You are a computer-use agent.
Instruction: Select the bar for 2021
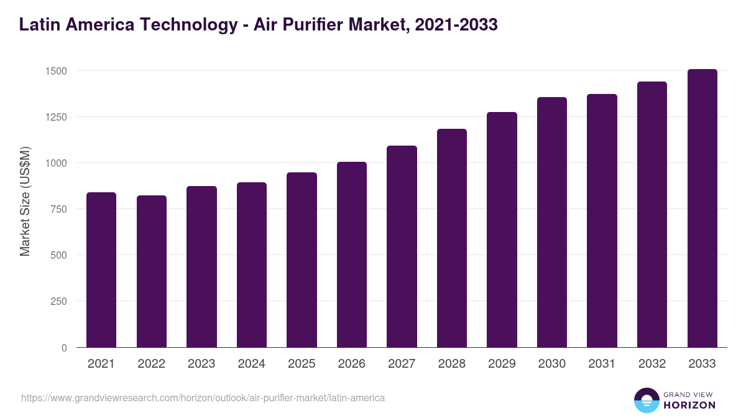point(101,270)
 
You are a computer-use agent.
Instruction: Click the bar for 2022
point(152,271)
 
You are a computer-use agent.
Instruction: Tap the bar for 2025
point(302,260)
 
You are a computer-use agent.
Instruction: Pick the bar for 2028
point(452,238)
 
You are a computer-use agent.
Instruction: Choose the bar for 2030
point(552,222)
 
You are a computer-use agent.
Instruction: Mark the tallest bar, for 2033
point(702,208)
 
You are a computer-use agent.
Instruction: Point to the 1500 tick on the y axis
point(55,71)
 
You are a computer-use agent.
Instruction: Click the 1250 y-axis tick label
point(55,117)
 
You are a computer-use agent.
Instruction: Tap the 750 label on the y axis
point(58,209)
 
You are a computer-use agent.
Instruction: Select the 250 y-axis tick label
point(58,301)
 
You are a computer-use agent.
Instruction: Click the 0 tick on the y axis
point(64,348)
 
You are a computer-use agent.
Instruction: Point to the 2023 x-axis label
point(201,364)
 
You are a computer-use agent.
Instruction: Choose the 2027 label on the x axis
point(402,364)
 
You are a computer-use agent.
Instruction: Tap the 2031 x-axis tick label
point(602,364)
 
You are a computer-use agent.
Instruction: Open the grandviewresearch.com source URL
point(203,398)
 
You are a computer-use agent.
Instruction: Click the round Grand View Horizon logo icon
point(646,400)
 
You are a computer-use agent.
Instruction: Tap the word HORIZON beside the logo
point(689,405)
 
